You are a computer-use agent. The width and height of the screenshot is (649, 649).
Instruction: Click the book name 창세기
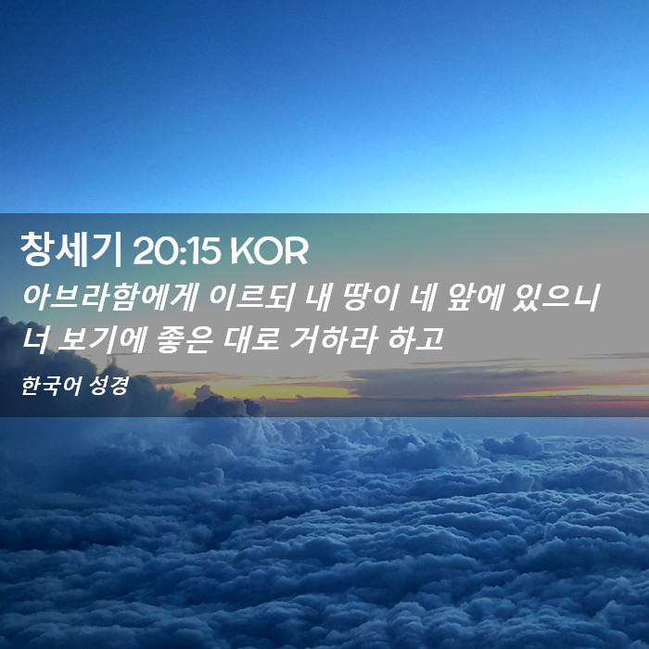(x=70, y=250)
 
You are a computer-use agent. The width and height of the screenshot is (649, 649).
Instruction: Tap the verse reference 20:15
(x=176, y=251)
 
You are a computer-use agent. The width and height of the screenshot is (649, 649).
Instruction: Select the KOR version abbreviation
(x=269, y=251)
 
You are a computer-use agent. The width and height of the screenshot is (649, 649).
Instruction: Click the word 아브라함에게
(x=109, y=298)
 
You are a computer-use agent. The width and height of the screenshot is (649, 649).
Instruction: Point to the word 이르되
(x=251, y=298)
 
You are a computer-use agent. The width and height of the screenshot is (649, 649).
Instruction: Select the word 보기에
(x=100, y=339)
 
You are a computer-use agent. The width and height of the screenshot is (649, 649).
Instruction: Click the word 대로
(x=251, y=339)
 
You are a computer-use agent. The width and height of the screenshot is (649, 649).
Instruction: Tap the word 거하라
(x=333, y=339)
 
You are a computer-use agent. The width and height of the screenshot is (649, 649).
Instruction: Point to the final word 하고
(x=416, y=339)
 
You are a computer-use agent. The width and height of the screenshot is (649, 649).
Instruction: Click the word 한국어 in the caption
(x=50, y=386)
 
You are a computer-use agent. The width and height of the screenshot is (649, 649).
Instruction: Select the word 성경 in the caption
(x=108, y=386)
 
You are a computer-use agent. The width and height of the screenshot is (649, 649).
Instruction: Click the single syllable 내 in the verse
(x=317, y=298)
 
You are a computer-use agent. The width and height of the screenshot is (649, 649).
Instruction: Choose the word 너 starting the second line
(x=35, y=339)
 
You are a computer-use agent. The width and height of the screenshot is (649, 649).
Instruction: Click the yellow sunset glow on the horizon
(x=265, y=390)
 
